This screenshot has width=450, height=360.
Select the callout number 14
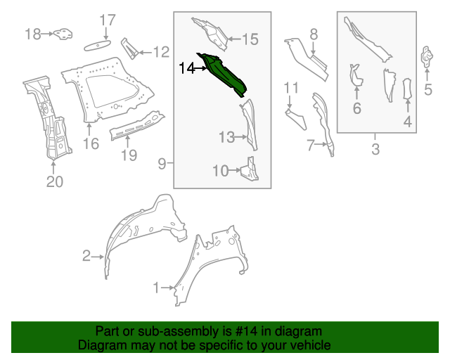pyautogui.click(x=187, y=68)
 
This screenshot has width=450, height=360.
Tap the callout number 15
pyautogui.click(x=250, y=39)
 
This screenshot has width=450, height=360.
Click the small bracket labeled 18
pyautogui.click(x=63, y=33)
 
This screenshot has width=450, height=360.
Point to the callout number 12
pyautogui.click(x=161, y=51)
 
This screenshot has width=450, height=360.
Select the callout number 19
pyautogui.click(x=127, y=155)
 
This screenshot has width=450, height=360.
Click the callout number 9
pyautogui.click(x=162, y=165)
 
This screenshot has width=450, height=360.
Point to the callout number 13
pyautogui.click(x=226, y=138)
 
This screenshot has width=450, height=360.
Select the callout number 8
pyautogui.click(x=314, y=33)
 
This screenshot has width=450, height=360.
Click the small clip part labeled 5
pyautogui.click(x=427, y=57)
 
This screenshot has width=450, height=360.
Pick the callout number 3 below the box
pyautogui.click(x=375, y=149)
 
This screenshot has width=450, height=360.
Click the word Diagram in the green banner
pyautogui.click(x=98, y=346)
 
